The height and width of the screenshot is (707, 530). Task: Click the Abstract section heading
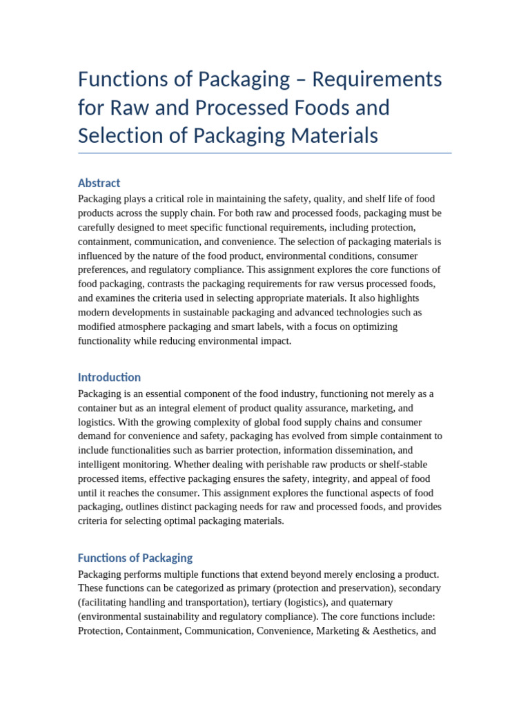[x=99, y=183]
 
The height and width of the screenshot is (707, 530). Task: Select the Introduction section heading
[x=109, y=377]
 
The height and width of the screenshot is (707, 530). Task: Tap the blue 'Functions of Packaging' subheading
[x=135, y=558]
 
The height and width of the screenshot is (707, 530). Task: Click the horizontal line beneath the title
[x=265, y=153]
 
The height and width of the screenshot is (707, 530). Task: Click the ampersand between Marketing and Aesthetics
[x=366, y=630]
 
